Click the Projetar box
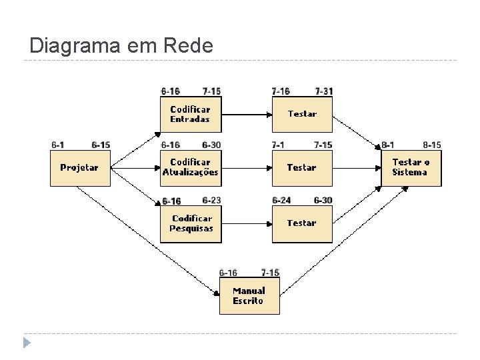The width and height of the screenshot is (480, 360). [80, 168]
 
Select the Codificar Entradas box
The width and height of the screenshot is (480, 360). [191, 115]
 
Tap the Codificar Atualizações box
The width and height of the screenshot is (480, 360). [191, 168]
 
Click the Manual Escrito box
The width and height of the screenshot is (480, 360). [249, 296]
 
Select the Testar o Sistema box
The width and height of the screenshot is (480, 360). [411, 168]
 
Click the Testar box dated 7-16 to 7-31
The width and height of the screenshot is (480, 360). [302, 115]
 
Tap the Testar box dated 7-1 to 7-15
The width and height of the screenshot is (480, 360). [302, 168]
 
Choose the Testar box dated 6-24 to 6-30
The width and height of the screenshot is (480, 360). [302, 223]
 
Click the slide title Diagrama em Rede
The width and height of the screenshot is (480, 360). [121, 46]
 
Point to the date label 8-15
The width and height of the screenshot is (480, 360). [432, 145]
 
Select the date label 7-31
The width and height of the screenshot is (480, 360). [324, 91]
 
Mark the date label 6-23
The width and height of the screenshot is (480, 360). [211, 200]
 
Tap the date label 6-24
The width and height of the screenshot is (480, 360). [281, 200]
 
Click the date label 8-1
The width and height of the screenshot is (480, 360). [388, 145]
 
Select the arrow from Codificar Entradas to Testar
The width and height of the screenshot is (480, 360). [246, 114]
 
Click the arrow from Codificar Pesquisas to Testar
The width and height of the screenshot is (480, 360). [246, 224]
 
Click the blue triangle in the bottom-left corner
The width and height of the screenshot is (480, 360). [26, 343]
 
